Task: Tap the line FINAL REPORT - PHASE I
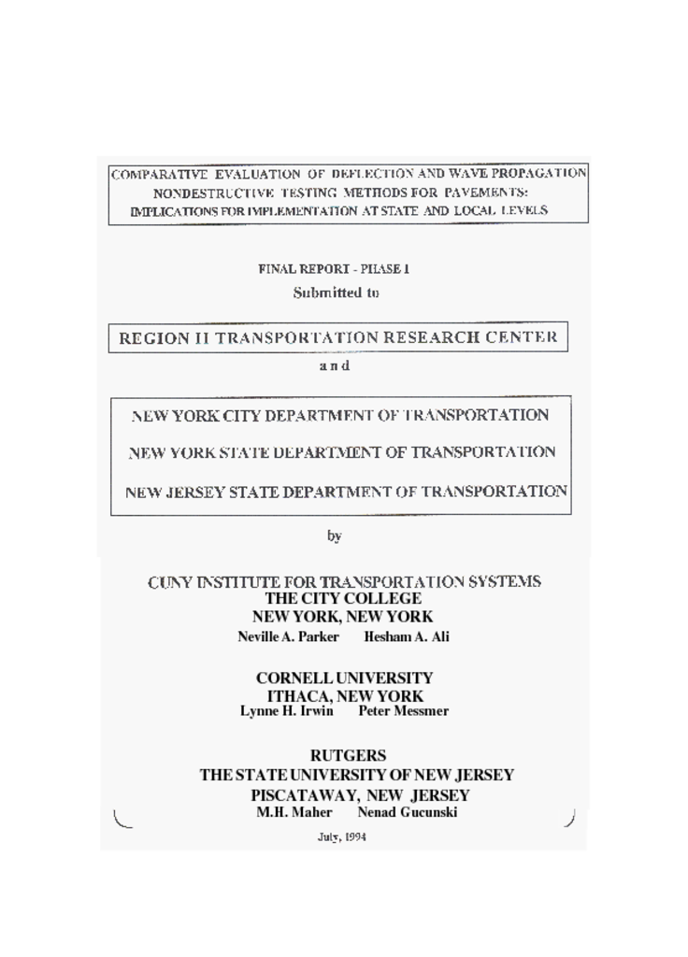(x=334, y=269)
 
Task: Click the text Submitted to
(x=336, y=293)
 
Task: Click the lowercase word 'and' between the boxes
(x=334, y=365)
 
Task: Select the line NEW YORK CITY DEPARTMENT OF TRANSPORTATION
(x=340, y=415)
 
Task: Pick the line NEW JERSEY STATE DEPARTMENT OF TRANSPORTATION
(x=346, y=491)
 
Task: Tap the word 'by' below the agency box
(x=335, y=536)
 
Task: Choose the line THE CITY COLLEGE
(x=343, y=598)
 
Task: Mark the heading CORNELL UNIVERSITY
(x=344, y=678)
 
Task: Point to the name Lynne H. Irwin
(x=287, y=711)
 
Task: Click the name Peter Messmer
(x=404, y=711)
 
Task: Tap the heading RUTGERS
(x=348, y=755)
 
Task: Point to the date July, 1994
(x=342, y=837)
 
